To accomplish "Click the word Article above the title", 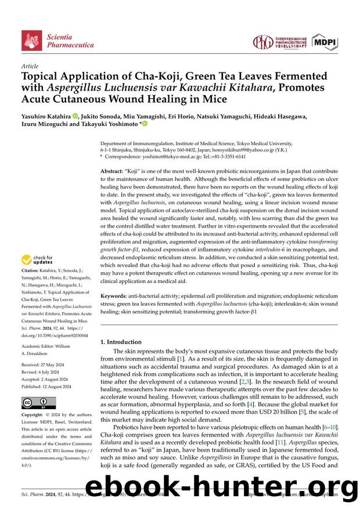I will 30,67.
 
